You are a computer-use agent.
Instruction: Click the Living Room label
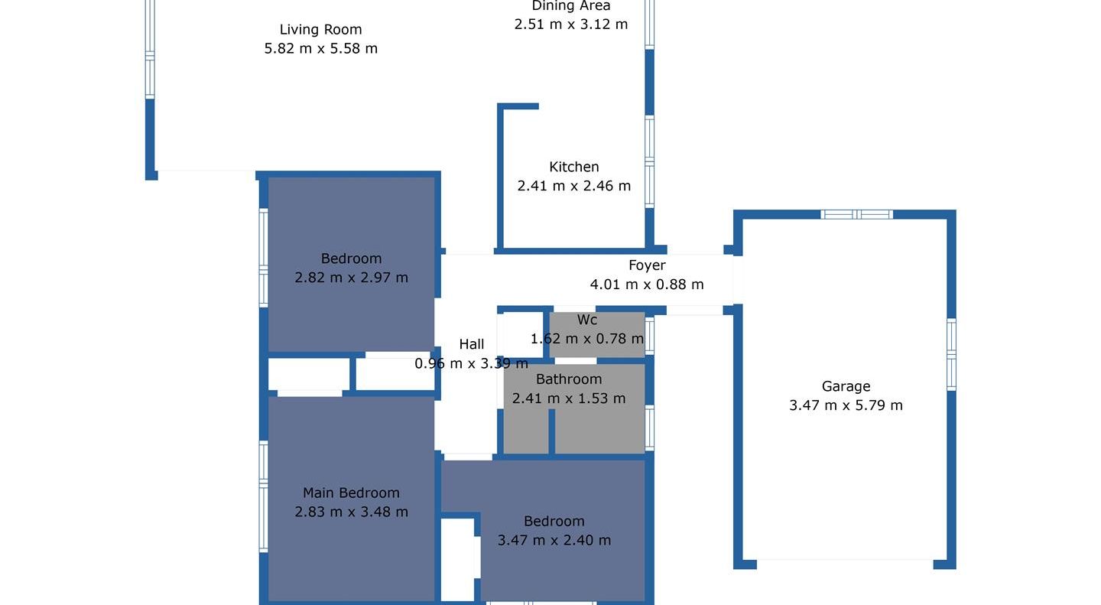[320, 30]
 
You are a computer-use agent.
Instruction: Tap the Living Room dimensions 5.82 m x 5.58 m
[321, 48]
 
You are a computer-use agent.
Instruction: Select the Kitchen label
[573, 167]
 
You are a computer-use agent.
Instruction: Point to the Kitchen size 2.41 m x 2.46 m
[573, 186]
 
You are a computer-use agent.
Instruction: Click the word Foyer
[647, 265]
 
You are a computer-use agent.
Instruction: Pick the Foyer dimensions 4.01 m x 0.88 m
[647, 285]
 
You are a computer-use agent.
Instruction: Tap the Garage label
[846, 386]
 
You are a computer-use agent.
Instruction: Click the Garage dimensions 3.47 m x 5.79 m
[846, 405]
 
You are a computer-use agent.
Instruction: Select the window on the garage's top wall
[856, 214]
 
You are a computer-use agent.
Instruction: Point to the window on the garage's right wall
[951, 354]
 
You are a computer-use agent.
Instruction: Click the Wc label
[587, 320]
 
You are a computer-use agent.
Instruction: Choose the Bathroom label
[569, 379]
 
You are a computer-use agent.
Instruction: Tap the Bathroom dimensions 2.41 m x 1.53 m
[569, 398]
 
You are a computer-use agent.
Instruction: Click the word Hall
[471, 344]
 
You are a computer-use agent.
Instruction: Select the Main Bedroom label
[351, 493]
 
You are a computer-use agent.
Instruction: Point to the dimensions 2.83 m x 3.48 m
[351, 512]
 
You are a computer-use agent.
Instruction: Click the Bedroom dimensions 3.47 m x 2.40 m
[554, 540]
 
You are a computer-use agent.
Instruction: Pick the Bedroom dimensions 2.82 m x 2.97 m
[351, 278]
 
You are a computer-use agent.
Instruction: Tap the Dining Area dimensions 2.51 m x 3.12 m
[570, 24]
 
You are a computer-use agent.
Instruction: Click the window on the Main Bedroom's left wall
[264, 496]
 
